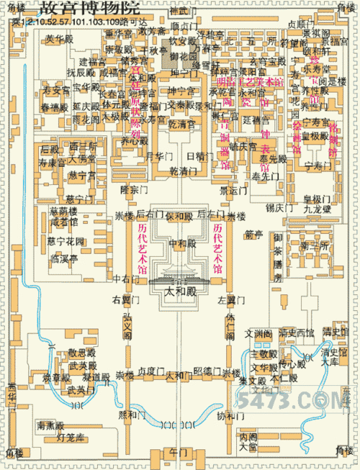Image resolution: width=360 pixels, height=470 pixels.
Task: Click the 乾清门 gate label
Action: (182, 172)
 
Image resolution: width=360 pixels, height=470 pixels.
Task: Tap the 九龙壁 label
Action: (316, 209)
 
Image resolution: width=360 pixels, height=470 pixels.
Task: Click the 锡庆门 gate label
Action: (279, 207)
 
